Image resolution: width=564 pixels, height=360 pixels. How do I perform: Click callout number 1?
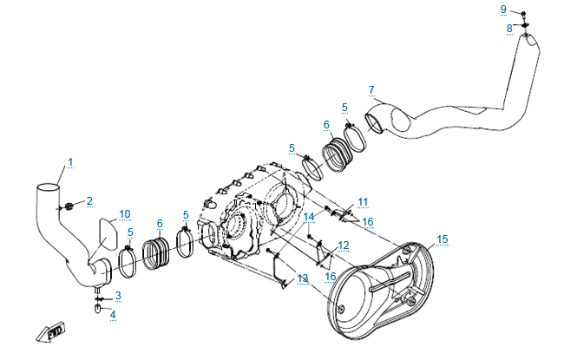coord(70,161)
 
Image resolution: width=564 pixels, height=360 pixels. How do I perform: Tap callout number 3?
coord(118,296)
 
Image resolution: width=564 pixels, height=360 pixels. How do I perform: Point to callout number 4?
coord(111,313)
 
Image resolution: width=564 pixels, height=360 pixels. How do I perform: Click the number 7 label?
coord(371,89)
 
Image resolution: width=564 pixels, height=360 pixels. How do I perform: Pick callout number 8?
coord(510,28)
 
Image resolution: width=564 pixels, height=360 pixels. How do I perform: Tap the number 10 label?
coord(125,213)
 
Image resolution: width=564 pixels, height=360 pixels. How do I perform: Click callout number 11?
coord(363,202)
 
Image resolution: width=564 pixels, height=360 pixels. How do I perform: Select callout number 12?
coord(344,245)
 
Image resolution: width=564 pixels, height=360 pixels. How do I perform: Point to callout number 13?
coord(302,278)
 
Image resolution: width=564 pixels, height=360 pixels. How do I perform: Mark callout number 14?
coord(309,216)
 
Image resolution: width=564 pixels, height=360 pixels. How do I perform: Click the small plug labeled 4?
coord(98,308)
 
